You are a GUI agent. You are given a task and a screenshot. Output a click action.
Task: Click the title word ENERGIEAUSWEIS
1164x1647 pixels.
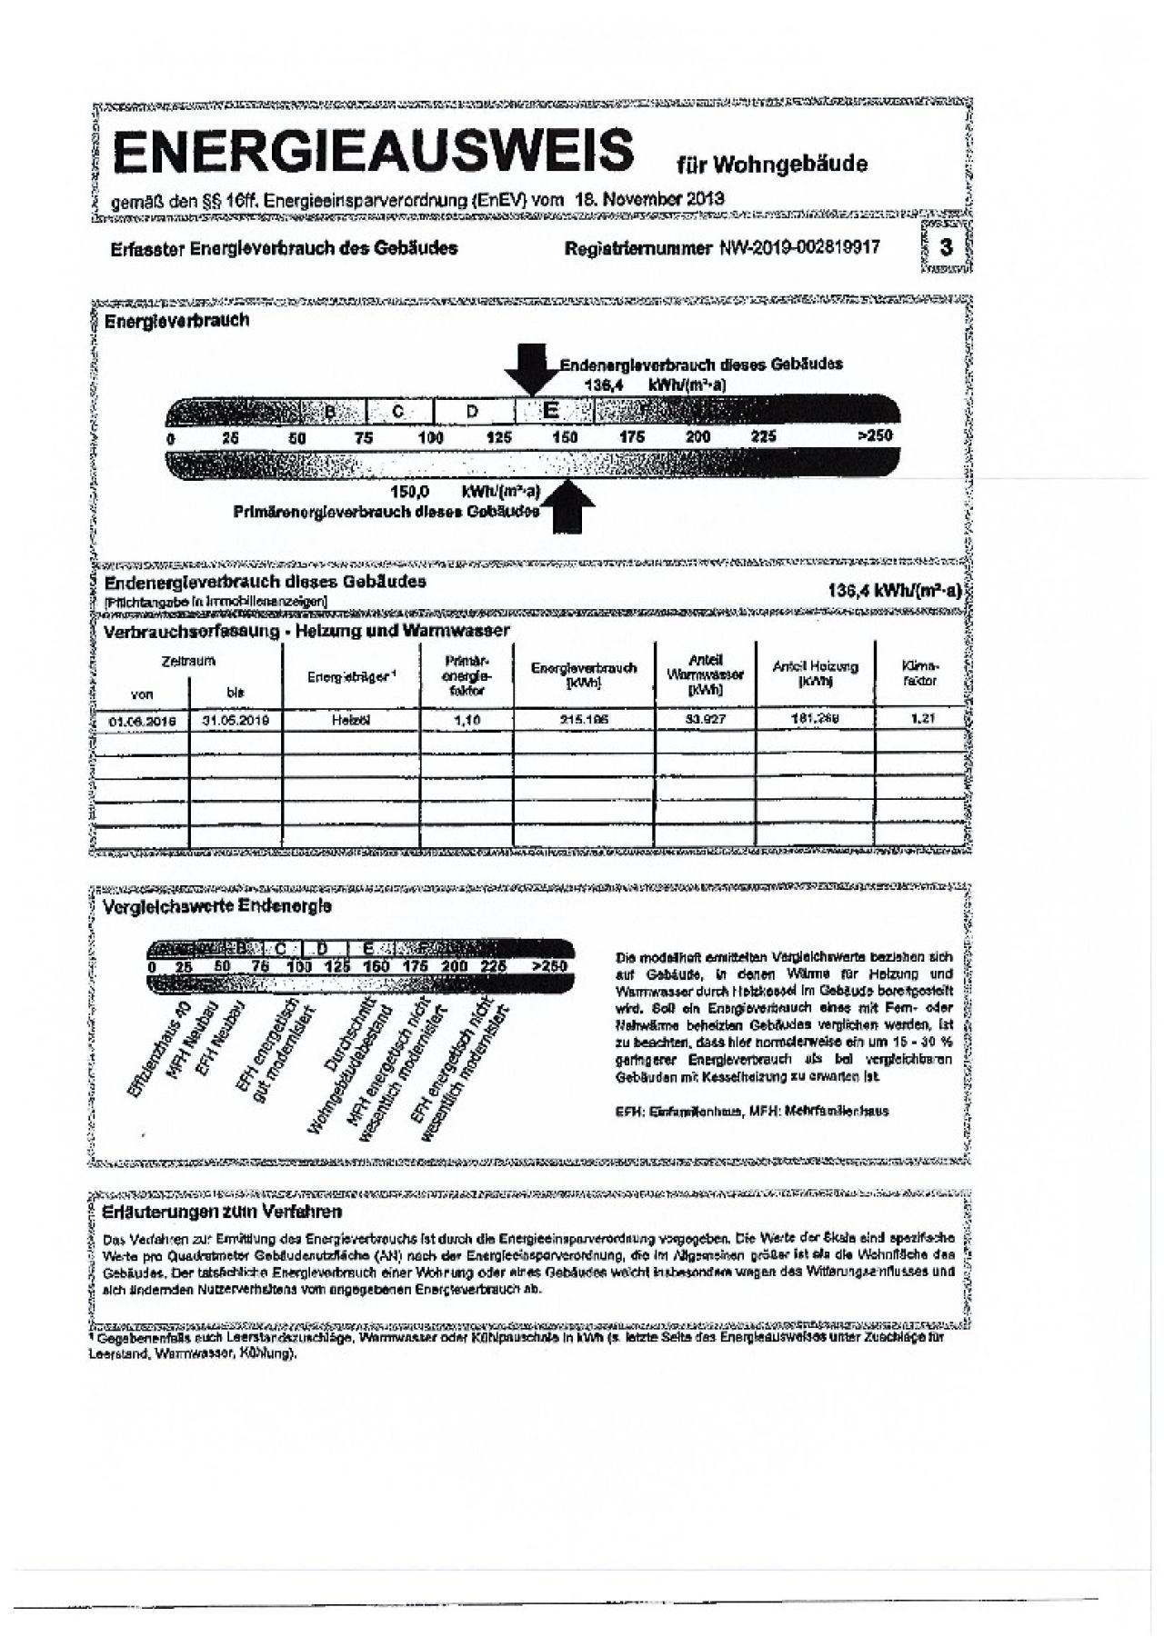pos(373,150)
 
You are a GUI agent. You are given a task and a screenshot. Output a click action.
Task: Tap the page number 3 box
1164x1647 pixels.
pos(947,247)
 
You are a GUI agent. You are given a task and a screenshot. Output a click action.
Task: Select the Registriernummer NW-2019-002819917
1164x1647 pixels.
pos(722,247)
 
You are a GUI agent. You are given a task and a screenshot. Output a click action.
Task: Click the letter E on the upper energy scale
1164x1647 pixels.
pos(550,410)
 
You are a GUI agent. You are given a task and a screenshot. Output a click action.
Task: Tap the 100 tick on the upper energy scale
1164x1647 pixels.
pos(430,437)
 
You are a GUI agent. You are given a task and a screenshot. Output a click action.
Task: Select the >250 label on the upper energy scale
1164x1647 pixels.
pos(875,436)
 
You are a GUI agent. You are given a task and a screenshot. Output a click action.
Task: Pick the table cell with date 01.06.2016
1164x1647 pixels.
pos(141,720)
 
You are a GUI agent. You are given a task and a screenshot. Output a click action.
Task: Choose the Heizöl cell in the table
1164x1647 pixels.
pos(351,720)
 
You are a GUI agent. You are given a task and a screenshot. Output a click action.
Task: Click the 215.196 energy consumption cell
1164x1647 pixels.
pos(583,720)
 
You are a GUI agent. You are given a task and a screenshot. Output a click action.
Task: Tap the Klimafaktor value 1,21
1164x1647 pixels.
pos(921,719)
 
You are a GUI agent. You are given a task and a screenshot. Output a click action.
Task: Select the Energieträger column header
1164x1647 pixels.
pos(351,675)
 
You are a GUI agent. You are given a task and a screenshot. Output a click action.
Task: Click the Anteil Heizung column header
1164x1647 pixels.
pos(815,674)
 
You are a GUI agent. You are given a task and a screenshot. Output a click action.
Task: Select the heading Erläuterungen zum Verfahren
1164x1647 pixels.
pos(223,1213)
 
